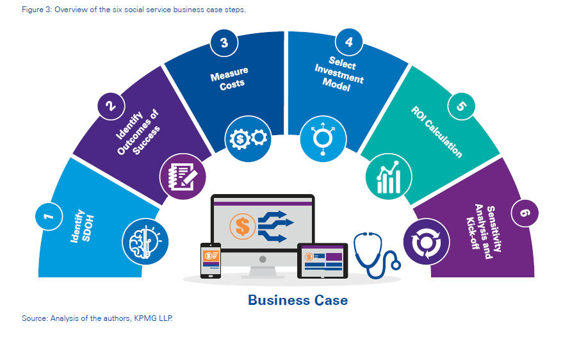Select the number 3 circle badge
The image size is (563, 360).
click(224, 43)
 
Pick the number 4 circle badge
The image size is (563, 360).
click(348, 43)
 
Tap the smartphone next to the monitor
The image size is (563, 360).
click(210, 260)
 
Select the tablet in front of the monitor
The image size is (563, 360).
click(323, 261)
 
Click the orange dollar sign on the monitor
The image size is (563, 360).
click(243, 224)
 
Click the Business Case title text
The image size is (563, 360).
click(298, 300)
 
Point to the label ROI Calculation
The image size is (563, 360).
click(436, 132)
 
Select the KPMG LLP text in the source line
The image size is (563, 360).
click(156, 318)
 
